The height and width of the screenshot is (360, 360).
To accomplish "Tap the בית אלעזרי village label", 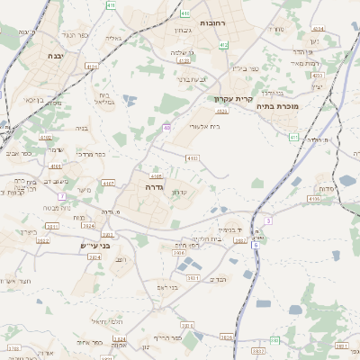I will [x=203, y=127].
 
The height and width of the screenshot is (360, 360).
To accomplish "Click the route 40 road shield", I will [x=166, y=129].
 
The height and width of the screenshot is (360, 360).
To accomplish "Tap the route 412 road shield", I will [x=223, y=44].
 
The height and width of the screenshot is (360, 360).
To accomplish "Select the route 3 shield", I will [x=268, y=220].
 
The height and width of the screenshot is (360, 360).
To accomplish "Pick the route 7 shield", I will [x=62, y=195].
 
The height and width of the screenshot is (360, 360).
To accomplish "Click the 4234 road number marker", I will [x=318, y=30].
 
